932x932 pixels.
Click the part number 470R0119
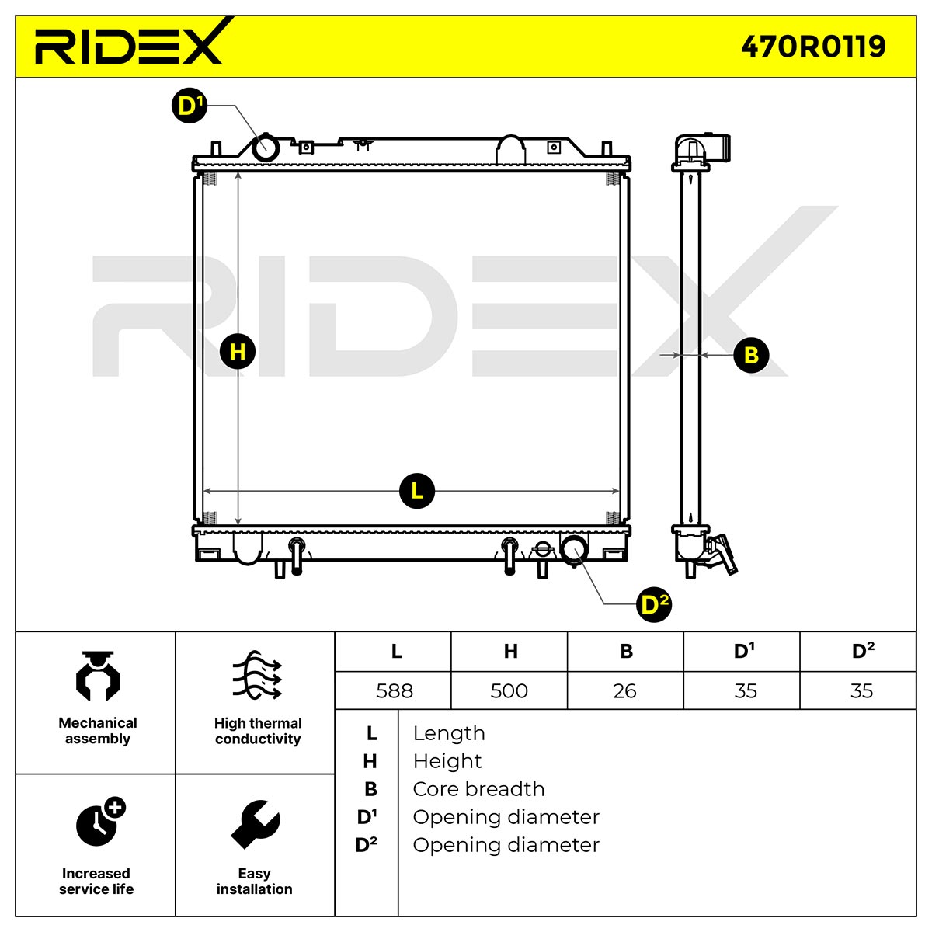813,47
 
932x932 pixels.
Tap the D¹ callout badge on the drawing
190,106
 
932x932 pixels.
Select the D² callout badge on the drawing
654,604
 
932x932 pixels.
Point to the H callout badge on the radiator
238,351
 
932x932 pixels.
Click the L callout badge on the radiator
417,491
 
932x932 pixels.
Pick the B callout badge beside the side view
751,355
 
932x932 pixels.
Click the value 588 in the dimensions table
395,690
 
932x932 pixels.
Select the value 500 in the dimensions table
509,690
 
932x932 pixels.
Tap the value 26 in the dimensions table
624,690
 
